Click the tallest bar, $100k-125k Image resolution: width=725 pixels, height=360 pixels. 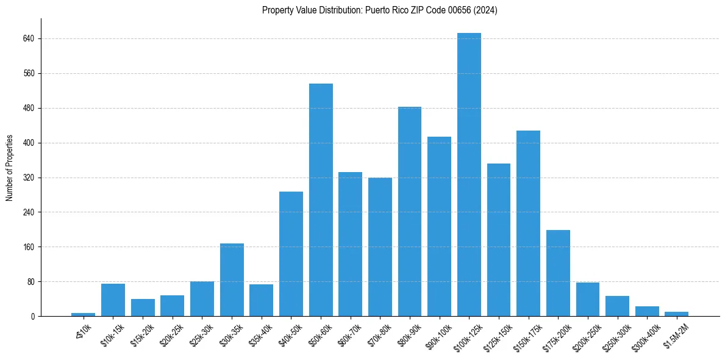[x=469, y=175]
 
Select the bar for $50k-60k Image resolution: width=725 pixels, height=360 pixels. [x=321, y=200]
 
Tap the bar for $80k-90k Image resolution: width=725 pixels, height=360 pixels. [x=410, y=212]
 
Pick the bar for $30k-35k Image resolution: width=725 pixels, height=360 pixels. [x=232, y=280]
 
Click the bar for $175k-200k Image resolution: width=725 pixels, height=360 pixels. [x=558, y=273]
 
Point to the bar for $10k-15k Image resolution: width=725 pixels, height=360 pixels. [x=113, y=300]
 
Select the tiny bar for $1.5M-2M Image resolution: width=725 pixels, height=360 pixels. [x=676, y=314]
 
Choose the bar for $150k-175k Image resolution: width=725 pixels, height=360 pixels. [x=528, y=223]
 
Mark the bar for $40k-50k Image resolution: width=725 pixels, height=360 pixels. [x=291, y=254]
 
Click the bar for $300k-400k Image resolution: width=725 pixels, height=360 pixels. [x=647, y=311]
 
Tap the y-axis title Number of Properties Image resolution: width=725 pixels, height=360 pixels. [x=10, y=168]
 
